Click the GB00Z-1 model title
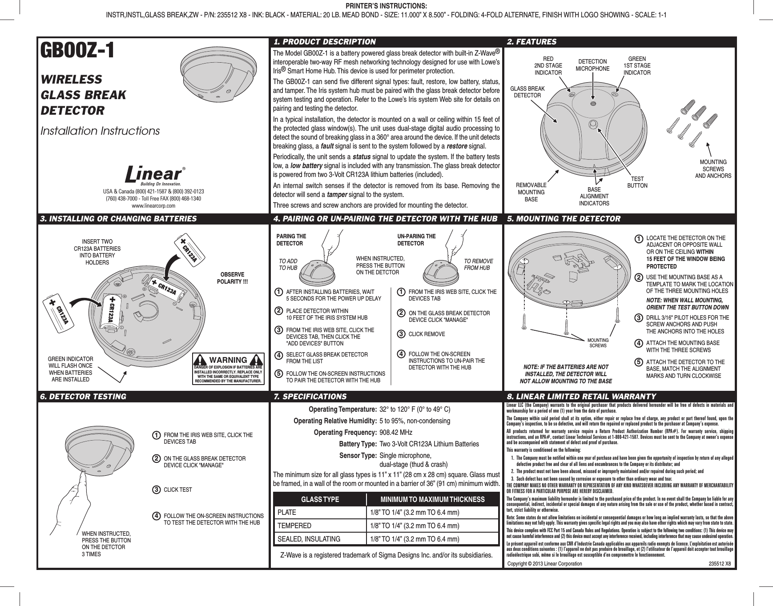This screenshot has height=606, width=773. click(x=78, y=51)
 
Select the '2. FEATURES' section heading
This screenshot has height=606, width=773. click(x=532, y=42)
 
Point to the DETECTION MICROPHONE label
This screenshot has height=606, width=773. click(x=592, y=65)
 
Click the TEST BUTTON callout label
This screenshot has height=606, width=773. click(x=637, y=182)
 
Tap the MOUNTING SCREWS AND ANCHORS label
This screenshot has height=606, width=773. click(x=713, y=169)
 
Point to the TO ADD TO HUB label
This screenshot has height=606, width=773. click(x=288, y=265)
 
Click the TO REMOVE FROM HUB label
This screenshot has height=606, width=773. click(x=478, y=265)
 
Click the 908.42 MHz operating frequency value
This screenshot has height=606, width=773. click(x=396, y=433)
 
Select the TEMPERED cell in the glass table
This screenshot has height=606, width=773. click(x=294, y=526)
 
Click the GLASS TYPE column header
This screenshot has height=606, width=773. click(x=320, y=499)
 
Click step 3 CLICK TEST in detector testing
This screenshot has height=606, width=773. click(x=178, y=490)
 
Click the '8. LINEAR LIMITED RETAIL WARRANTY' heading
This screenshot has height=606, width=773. click(x=581, y=396)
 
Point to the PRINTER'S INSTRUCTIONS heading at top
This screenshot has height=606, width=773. click(x=386, y=6)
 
